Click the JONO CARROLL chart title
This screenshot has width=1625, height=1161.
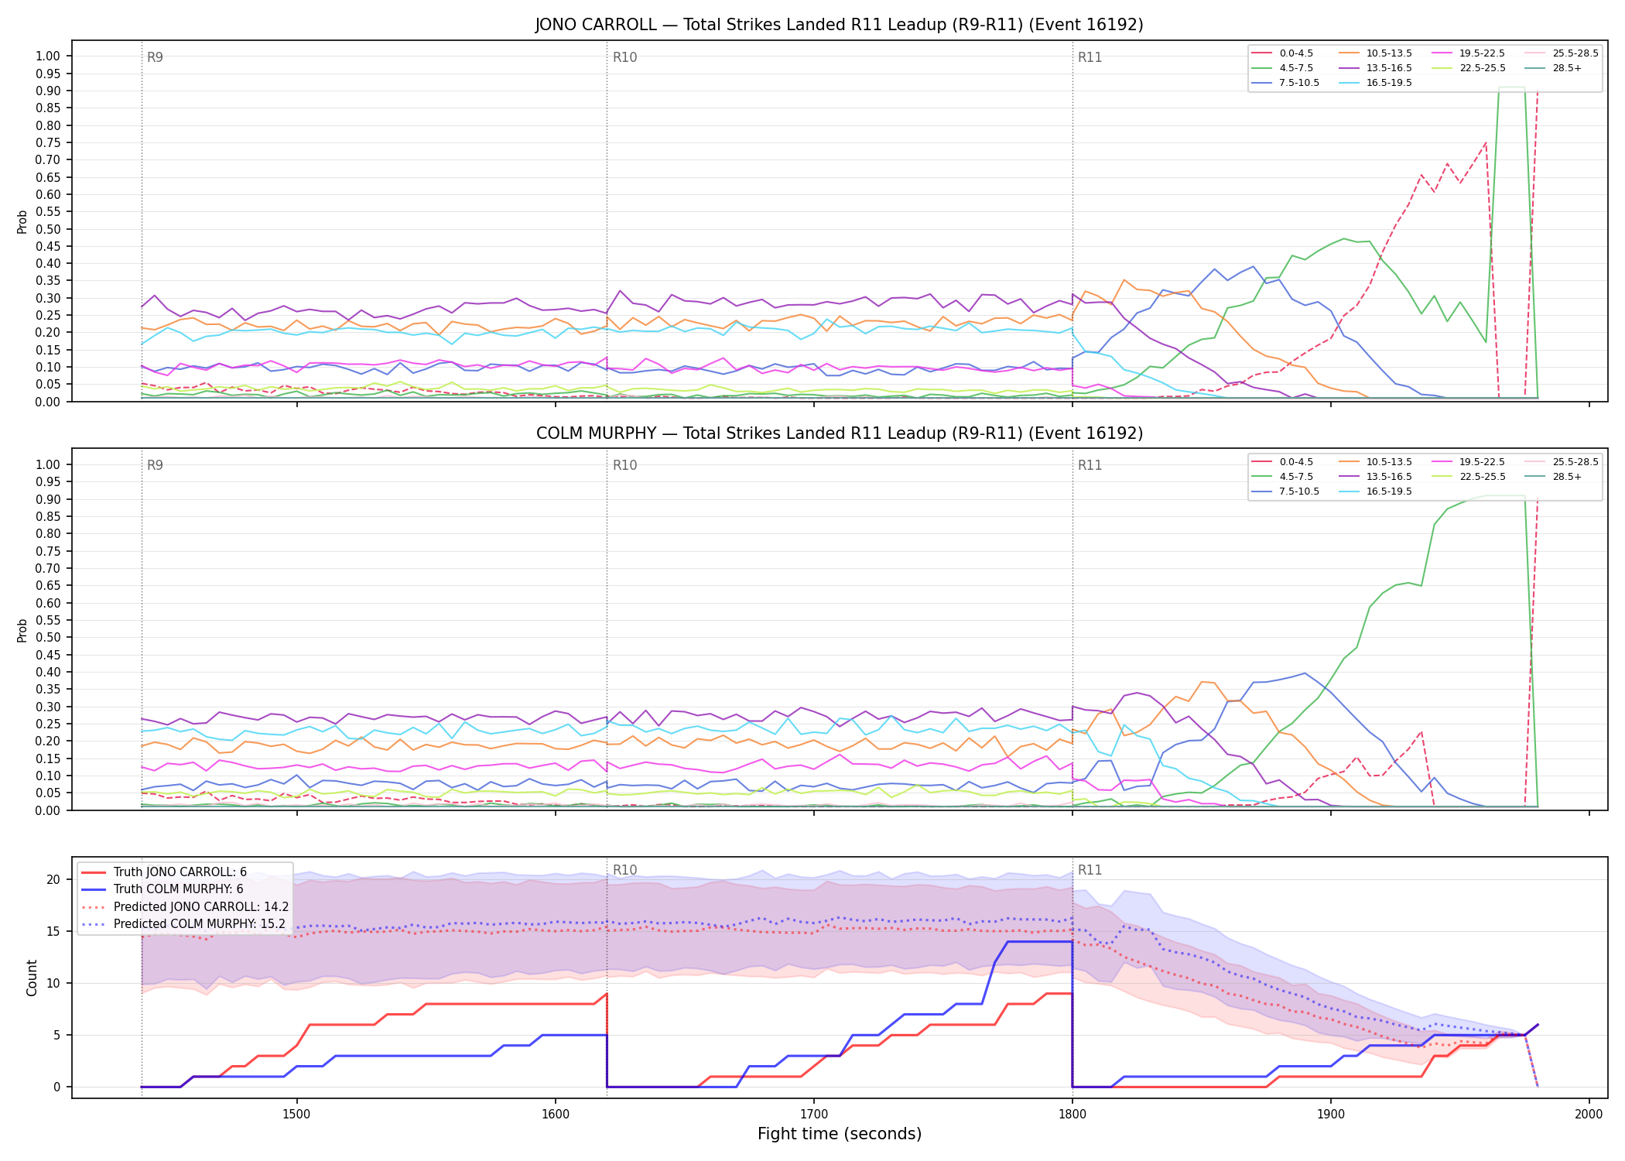839,25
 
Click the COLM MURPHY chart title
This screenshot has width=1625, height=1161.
839,433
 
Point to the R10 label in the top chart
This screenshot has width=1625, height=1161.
624,57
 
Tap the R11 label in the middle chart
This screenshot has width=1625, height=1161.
1090,465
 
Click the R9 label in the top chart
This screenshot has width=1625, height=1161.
155,57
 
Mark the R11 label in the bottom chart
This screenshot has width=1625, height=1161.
1090,870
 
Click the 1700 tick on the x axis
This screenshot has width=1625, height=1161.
813,1114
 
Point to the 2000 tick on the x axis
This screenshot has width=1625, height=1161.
1589,1114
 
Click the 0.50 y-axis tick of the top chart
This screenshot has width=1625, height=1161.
48,229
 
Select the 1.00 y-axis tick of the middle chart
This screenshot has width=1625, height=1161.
48,464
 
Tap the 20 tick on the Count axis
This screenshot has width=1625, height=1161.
53,879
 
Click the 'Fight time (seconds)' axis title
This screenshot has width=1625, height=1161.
840,1135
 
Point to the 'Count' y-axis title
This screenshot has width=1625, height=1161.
32,978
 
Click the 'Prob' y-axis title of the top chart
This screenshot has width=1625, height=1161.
22,221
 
